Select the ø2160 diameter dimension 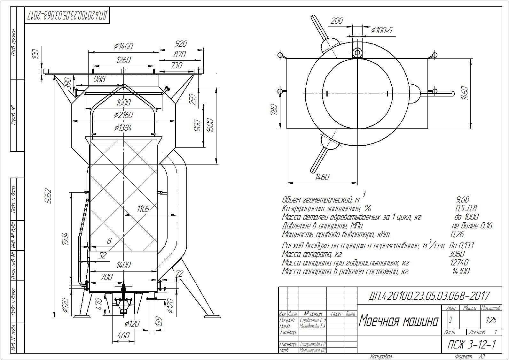pos(123,115)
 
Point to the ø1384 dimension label pos(123,128)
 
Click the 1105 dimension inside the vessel pos(143,209)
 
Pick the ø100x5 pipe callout pos(381,30)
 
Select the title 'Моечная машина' pos(398,321)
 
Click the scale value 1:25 pos(489,320)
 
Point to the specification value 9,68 pos(463,200)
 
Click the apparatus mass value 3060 pos(457,254)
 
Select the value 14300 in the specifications pos(461,272)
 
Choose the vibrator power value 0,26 pos(457,234)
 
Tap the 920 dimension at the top pos(181,44)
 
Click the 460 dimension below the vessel pos(123,335)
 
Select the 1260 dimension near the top pos(124,60)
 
